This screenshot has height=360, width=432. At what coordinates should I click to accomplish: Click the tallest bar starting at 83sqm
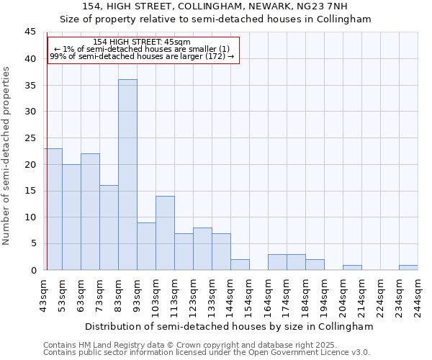tap(127, 174)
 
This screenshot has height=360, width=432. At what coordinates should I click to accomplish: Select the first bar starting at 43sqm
tap(53, 209)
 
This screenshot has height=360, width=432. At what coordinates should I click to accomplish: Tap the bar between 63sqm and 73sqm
tap(90, 212)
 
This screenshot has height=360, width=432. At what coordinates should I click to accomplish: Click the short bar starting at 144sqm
tap(240, 264)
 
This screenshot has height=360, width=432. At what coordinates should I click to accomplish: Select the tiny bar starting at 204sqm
tap(352, 267)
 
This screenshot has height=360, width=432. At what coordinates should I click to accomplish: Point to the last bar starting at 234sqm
tap(408, 267)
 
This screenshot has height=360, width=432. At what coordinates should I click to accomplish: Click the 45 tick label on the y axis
tap(30, 32)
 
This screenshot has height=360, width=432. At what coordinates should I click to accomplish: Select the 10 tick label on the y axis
tap(30, 217)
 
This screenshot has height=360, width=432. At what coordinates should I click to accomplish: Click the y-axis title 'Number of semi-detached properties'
tap(7, 155)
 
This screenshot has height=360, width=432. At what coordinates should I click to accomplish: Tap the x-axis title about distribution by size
tap(229, 326)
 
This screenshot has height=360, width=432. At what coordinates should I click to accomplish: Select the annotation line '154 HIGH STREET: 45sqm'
tap(142, 42)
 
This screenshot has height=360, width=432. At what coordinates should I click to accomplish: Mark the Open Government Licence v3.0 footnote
tap(317, 352)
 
